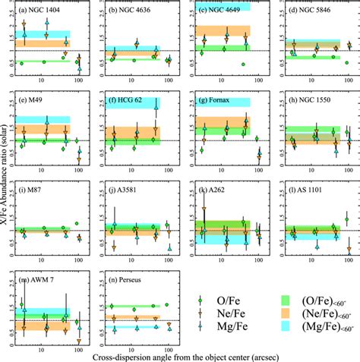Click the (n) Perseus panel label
pyautogui.click(x=123, y=279)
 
